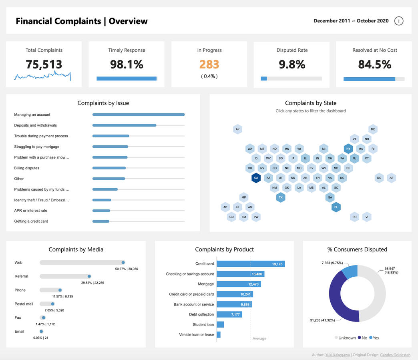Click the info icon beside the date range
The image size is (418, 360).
(x=399, y=21)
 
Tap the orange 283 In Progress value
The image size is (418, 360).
(x=209, y=64)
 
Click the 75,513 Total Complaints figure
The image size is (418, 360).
(x=44, y=64)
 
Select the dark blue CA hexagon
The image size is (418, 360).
(x=256, y=178)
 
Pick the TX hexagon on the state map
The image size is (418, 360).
(x=281, y=197)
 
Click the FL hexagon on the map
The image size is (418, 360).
(x=336, y=207)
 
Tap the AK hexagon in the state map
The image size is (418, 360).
(x=237, y=129)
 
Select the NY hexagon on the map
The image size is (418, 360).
(x=348, y=149)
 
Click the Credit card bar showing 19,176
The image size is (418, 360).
(x=251, y=264)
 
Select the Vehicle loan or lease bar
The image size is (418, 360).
(x=219, y=334)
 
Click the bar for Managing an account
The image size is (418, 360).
(x=138, y=115)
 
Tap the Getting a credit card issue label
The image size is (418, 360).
(x=31, y=221)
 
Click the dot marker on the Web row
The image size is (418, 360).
(x=123, y=263)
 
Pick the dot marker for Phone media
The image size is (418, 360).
(x=60, y=290)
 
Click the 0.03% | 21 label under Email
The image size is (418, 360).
(x=41, y=338)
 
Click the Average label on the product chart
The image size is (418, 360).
(x=259, y=338)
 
